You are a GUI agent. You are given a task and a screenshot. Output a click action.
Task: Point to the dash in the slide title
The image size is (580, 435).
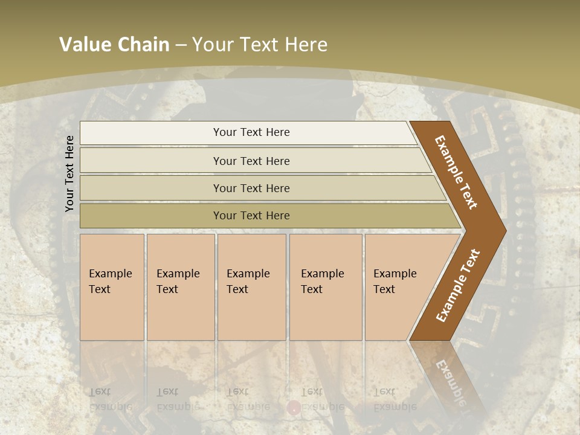pos(181,45)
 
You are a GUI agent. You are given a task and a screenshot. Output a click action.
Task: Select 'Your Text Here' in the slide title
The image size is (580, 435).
pos(260,45)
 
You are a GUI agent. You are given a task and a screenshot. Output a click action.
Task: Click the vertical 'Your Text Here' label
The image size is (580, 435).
pos(69,173)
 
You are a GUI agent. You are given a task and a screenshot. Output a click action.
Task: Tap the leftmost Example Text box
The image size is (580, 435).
pos(112,286)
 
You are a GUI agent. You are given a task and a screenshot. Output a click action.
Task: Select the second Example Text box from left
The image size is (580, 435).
pos(181,286)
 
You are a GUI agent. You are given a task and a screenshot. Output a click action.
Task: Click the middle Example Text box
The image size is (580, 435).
pos(251,286)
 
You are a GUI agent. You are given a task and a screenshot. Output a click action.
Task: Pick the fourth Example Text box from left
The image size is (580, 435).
pos(326,286)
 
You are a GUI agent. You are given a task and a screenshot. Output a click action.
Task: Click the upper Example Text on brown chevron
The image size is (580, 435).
pos(457,172)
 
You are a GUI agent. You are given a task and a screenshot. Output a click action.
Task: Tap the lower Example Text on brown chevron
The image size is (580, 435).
pos(458,286)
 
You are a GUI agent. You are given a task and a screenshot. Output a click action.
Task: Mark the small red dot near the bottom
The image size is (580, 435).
pos(294,408)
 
